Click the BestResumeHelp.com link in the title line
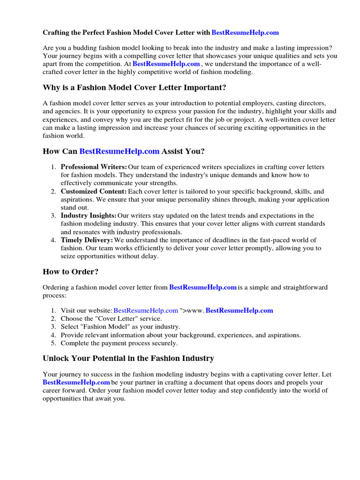tap(245, 33)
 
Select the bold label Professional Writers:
tap(94, 167)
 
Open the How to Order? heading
tap(70, 272)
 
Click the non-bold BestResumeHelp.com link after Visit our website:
tap(146, 310)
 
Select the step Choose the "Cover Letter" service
tap(110, 318)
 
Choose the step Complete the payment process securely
tap(119, 343)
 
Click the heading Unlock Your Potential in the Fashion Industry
tap(128, 359)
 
